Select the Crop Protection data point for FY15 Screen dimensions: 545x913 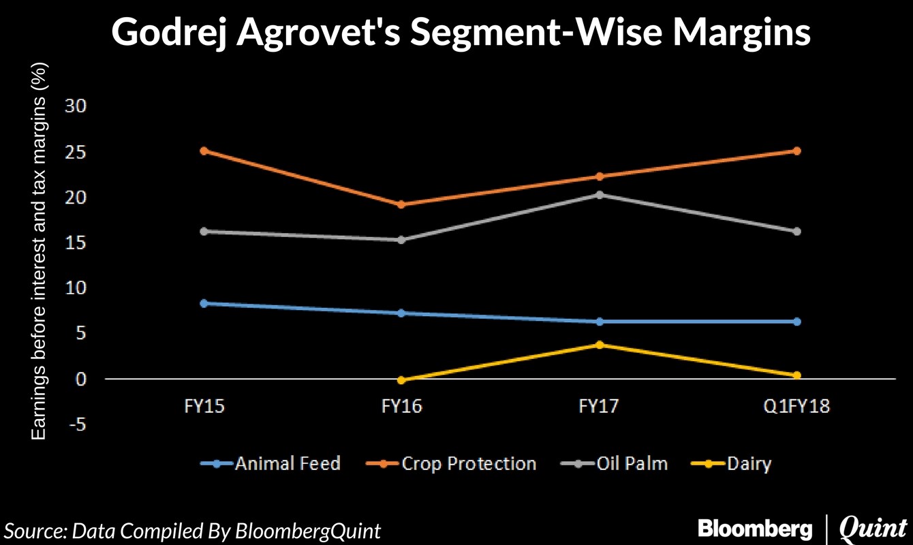(204, 151)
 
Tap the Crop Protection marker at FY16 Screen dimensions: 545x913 (401, 204)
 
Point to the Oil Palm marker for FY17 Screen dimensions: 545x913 (599, 195)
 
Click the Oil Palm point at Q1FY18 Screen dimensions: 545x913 (796, 232)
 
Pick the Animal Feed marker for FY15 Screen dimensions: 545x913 (204, 303)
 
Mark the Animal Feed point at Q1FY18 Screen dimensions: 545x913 (796, 322)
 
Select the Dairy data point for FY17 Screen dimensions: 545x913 (599, 345)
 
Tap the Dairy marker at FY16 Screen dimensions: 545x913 (401, 380)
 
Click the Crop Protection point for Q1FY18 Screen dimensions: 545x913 (796, 151)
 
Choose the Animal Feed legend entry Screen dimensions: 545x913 (271, 465)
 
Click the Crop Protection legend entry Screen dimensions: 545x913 (452, 465)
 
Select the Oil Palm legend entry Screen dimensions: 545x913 (615, 465)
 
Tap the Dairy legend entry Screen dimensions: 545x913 (732, 465)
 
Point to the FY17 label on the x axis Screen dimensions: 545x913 (599, 407)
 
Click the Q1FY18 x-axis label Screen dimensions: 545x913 (796, 407)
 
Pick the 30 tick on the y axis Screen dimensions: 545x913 (75, 106)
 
